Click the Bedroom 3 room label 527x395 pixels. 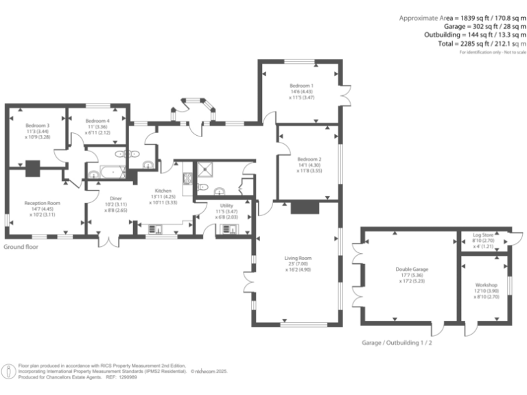click(x=38, y=125)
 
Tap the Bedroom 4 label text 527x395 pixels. click(x=97, y=121)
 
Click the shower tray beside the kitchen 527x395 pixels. click(x=205, y=170)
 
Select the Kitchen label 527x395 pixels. click(x=163, y=190)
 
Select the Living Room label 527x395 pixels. click(x=298, y=258)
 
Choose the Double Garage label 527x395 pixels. click(x=408, y=270)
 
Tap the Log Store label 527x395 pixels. click(x=483, y=236)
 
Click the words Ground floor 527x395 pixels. click(x=21, y=246)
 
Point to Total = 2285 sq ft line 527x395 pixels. click(x=458, y=43)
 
